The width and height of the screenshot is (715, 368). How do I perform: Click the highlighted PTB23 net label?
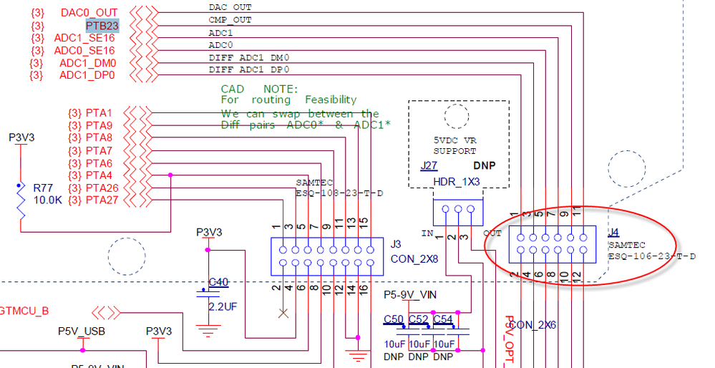tap(102, 26)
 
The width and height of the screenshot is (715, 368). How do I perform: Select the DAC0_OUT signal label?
tap(89, 13)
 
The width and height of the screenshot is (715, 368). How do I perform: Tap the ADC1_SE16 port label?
tap(84, 38)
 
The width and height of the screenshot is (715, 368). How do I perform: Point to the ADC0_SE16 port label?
tap(84, 51)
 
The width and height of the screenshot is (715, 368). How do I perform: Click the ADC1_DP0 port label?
tap(87, 75)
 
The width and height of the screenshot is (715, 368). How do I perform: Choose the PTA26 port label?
tap(102, 188)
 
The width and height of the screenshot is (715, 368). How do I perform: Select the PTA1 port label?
tap(99, 113)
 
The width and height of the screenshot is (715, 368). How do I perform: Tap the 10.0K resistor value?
tap(49, 200)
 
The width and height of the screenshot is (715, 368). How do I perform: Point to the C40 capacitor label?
tap(218, 282)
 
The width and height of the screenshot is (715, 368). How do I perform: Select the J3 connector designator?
tap(397, 244)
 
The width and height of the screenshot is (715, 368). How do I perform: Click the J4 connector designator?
tap(613, 233)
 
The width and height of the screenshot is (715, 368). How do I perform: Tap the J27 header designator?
tap(429, 165)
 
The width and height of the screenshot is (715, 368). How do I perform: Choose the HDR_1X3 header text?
tap(457, 183)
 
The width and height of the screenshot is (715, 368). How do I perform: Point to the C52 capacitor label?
tap(418, 319)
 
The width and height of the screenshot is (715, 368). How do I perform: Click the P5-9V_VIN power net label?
tap(410, 295)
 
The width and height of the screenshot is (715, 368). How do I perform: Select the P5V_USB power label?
tap(82, 331)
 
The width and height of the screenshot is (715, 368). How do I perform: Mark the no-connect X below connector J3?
tap(283, 313)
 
